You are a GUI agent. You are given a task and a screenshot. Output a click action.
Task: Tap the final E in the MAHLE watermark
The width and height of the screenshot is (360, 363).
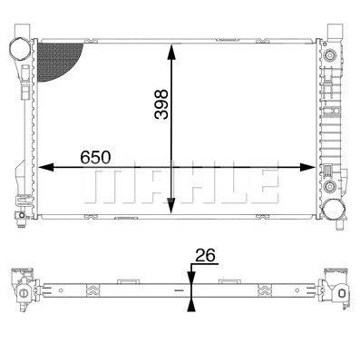[264, 184]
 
